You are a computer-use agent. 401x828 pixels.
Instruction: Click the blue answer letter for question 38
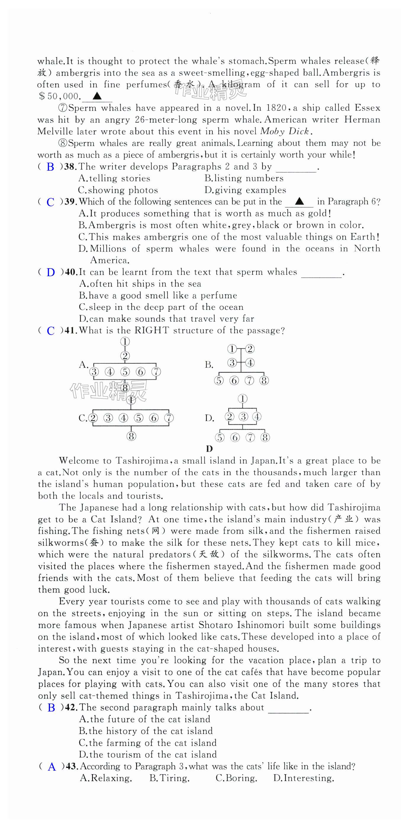[51, 167]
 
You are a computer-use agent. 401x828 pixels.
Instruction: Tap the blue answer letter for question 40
[51, 273]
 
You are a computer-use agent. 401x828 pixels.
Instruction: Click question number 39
[70, 202]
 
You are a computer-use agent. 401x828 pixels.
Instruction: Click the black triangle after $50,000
[97, 96]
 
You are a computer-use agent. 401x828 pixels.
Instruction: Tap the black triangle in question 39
[299, 202]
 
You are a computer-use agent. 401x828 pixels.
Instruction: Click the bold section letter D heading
[209, 449]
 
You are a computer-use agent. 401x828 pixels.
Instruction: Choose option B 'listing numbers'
[244, 178]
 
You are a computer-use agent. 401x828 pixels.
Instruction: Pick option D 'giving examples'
[245, 190]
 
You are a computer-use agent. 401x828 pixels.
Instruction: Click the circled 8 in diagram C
[131, 436]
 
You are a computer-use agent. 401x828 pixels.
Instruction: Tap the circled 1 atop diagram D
[242, 399]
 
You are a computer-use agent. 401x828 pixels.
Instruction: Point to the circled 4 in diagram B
[250, 363]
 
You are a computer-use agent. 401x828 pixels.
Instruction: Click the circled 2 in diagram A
[125, 356]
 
